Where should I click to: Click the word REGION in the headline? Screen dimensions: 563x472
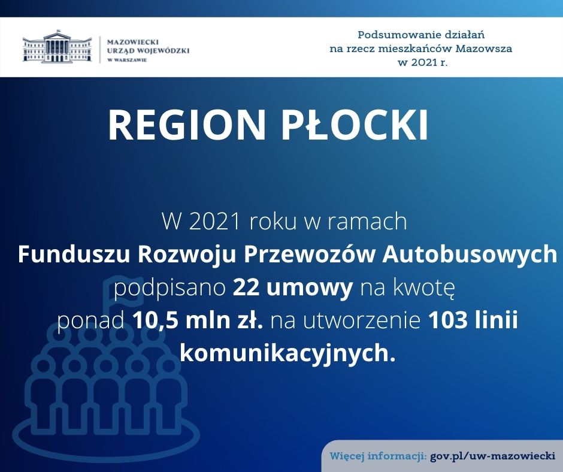(187, 125)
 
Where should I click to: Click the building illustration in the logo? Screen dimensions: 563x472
(57, 47)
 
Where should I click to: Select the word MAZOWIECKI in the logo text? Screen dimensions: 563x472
(133, 42)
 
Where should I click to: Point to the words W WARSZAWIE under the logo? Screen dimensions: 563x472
(127, 60)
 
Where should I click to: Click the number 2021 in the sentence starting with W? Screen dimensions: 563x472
(214, 222)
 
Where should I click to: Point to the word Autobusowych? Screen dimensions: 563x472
(470, 255)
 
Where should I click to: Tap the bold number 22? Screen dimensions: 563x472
(246, 288)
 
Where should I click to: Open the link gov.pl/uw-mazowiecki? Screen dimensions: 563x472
(492, 456)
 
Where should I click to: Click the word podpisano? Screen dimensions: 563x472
(169, 289)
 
